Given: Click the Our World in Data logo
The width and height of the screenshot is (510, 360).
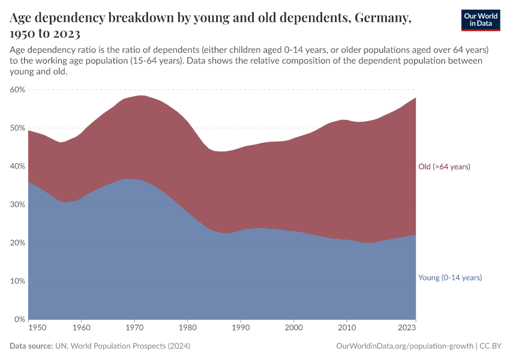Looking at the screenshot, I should (x=480, y=20).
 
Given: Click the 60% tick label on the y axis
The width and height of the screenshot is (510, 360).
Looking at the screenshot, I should (x=17, y=89).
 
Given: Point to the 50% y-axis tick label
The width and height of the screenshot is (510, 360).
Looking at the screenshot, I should (x=17, y=128).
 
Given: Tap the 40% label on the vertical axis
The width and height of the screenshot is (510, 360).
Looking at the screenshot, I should (x=17, y=166).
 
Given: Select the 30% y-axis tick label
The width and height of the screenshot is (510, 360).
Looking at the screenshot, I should (x=17, y=205).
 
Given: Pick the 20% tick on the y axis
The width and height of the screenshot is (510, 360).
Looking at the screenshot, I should (x=17, y=243).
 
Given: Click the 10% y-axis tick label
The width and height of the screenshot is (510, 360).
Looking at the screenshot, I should (x=17, y=281).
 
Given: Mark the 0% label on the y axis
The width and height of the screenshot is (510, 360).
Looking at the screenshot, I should (x=19, y=319).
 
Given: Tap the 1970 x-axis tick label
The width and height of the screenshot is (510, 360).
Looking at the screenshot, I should (x=134, y=328).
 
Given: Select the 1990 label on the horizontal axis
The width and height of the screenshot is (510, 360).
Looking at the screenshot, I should (x=241, y=328).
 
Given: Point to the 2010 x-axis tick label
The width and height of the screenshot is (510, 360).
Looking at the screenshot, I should (x=346, y=328).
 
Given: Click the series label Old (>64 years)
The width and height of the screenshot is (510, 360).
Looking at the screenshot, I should (x=444, y=167).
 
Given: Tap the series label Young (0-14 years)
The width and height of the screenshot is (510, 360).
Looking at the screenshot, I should (x=450, y=278).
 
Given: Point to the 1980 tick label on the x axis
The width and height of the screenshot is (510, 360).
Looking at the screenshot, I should (x=188, y=328).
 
